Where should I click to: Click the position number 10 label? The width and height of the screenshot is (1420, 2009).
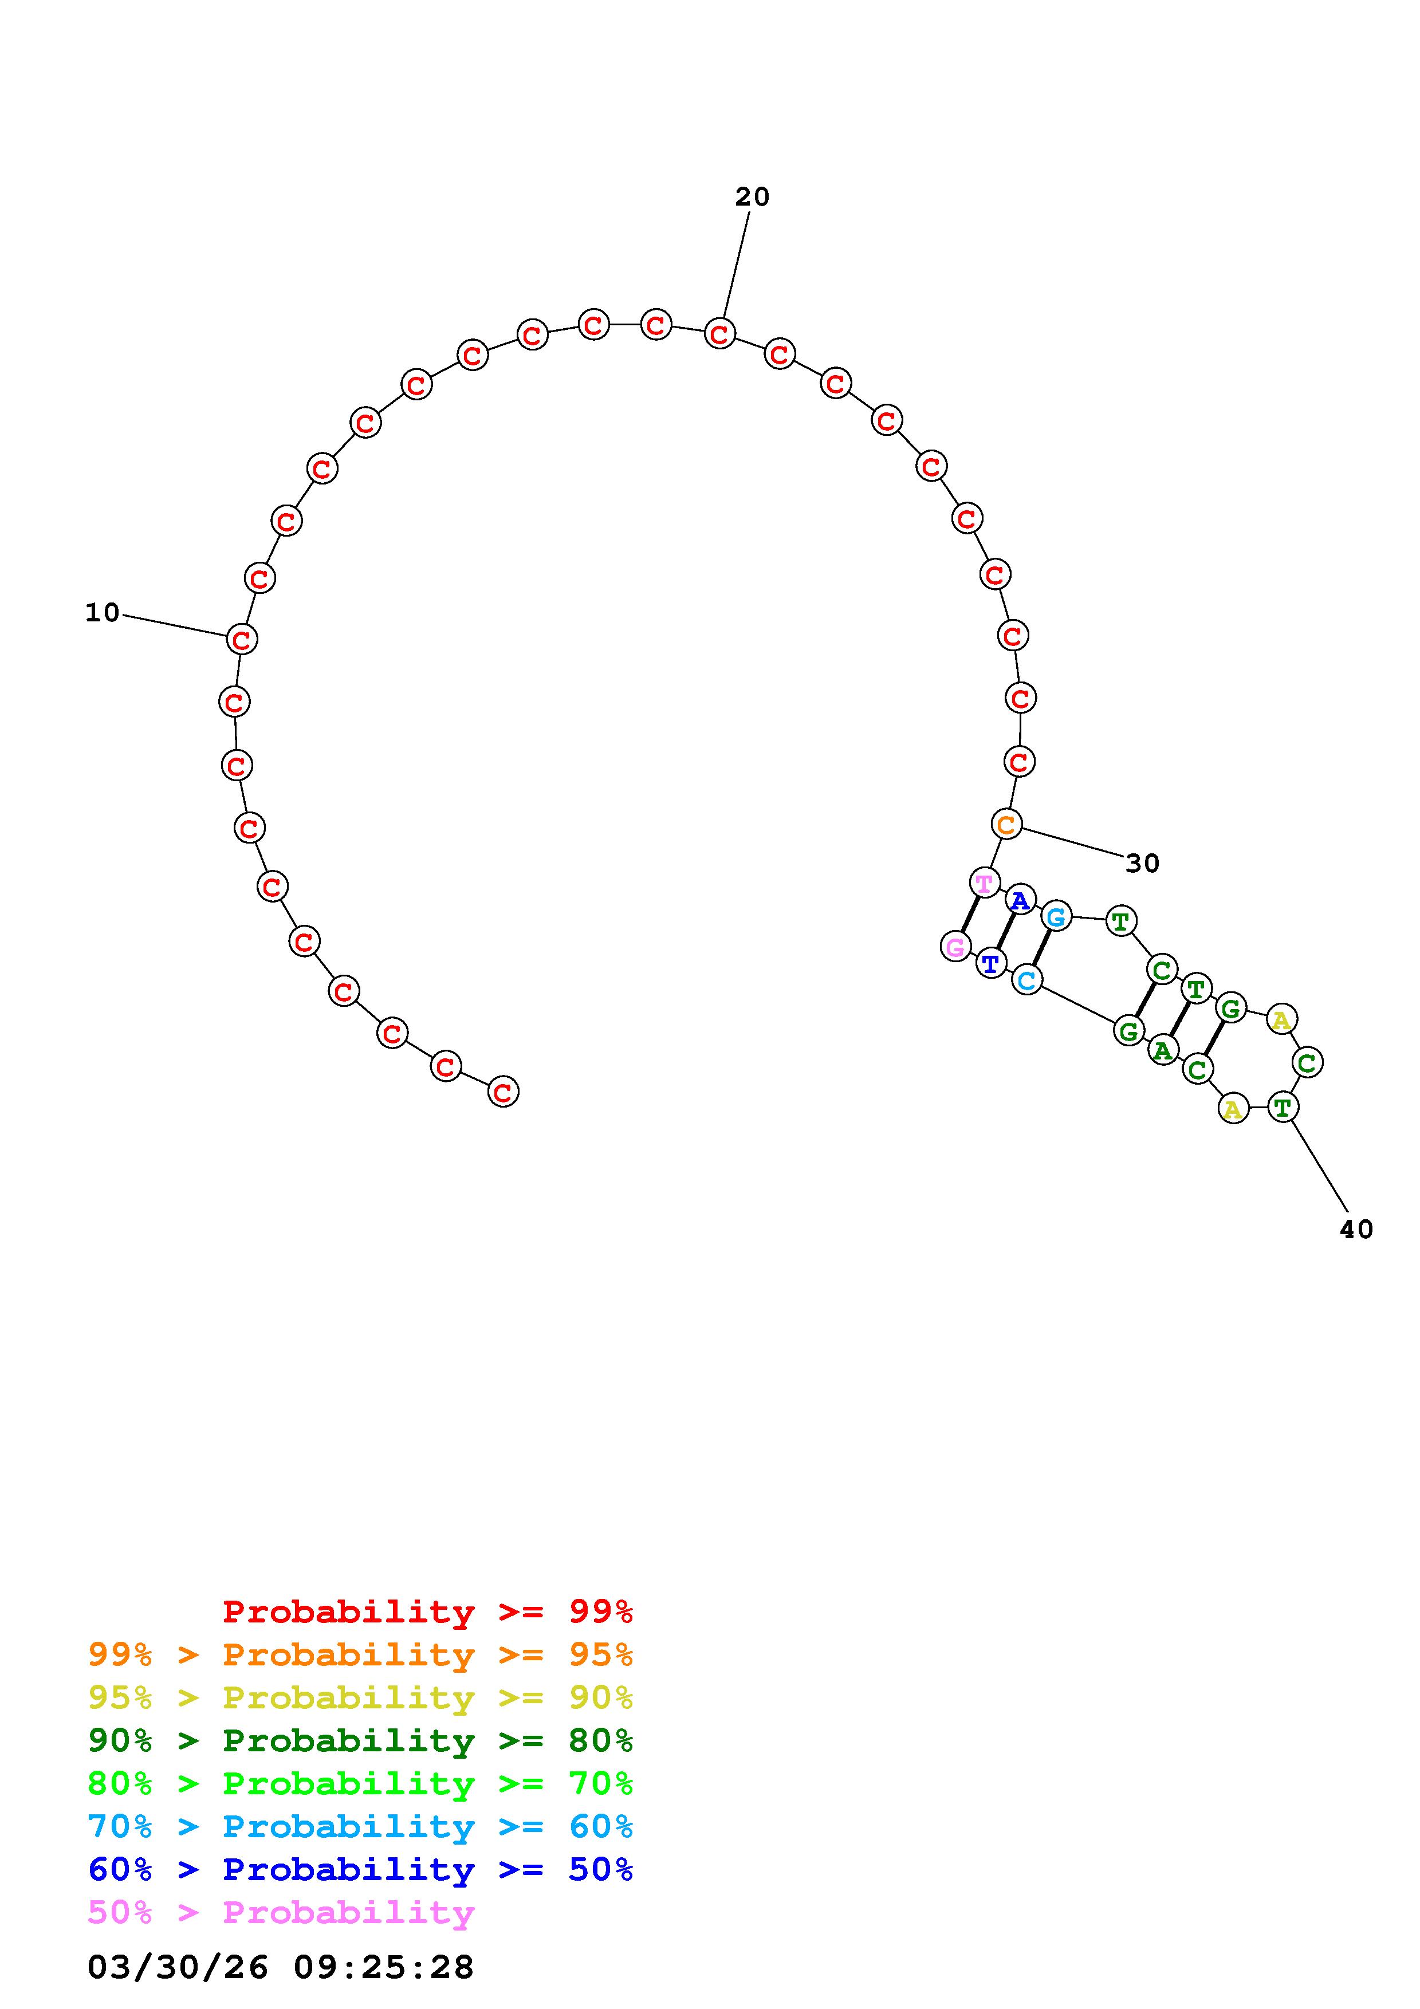(x=103, y=613)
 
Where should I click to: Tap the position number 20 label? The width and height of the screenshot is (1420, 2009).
(x=753, y=197)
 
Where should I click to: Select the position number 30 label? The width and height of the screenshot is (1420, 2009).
(x=1143, y=864)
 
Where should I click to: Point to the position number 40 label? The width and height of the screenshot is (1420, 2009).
(x=1357, y=1230)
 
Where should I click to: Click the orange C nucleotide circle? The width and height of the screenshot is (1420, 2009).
(x=1007, y=824)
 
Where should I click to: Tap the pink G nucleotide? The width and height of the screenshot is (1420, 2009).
(x=955, y=946)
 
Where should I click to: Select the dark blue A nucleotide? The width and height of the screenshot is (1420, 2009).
(x=1020, y=900)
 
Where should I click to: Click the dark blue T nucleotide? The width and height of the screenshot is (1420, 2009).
(x=990, y=963)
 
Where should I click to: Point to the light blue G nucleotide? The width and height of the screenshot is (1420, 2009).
(x=1057, y=916)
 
